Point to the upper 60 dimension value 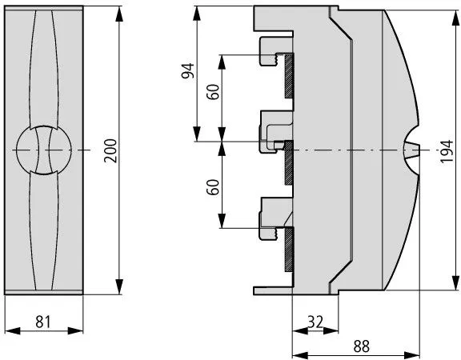pyautogui.click(x=213, y=91)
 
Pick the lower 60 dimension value pyautogui.click(x=213, y=188)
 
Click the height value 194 pyautogui.click(x=446, y=150)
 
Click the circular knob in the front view pyautogui.click(x=43, y=150)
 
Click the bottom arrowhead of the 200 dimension pyautogui.click(x=119, y=289)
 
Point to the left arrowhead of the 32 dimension pyautogui.click(x=296, y=330)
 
